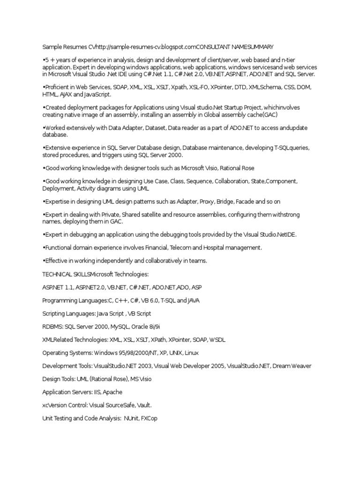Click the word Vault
(143, 405)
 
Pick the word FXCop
(149, 418)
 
